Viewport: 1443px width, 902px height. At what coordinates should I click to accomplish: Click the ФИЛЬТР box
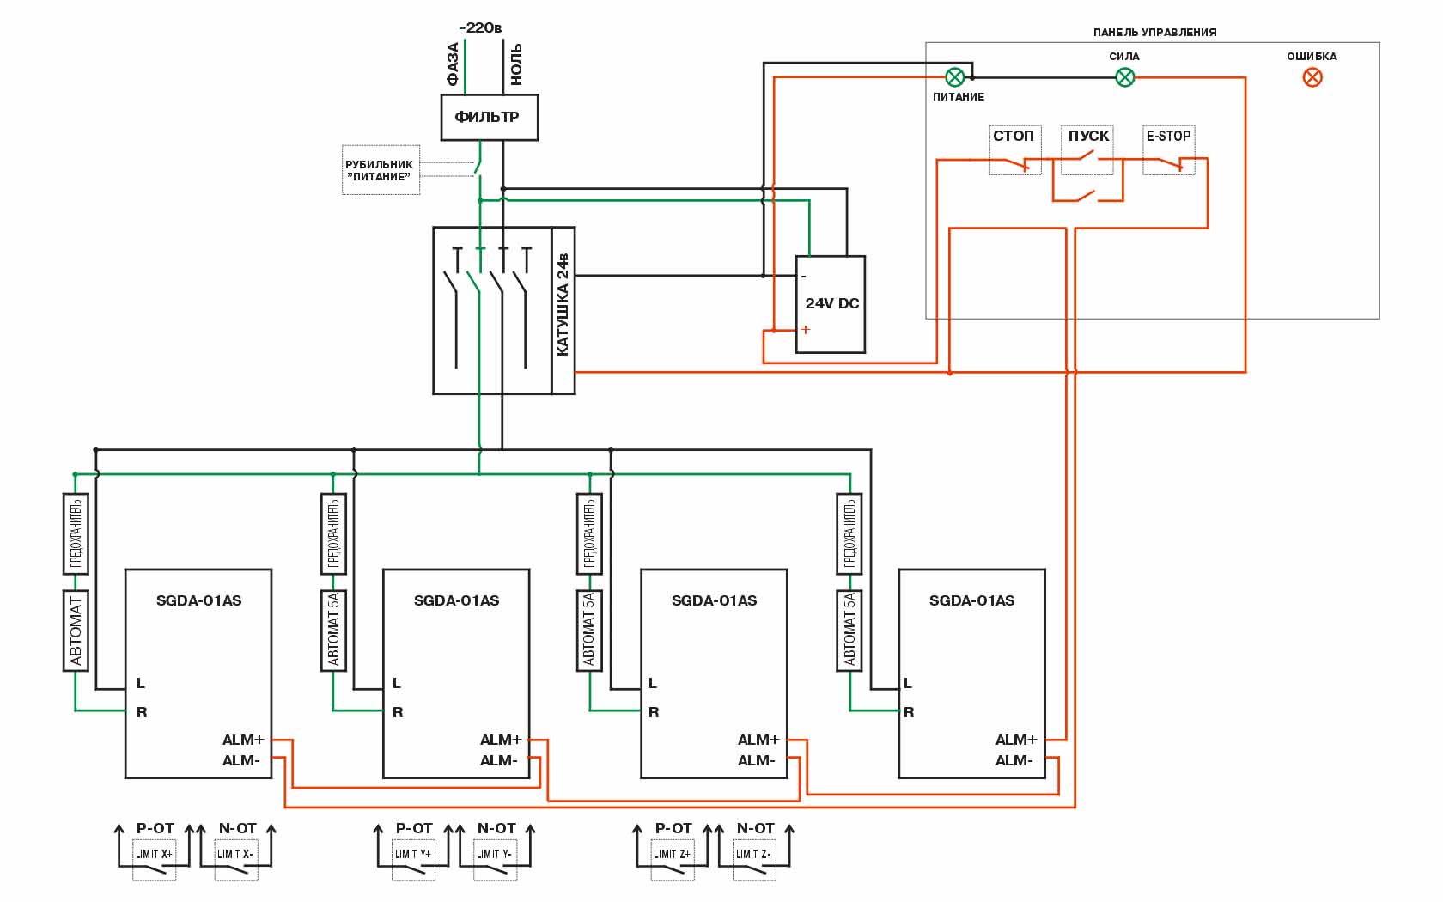point(489,117)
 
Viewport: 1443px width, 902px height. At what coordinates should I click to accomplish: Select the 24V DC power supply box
point(830,304)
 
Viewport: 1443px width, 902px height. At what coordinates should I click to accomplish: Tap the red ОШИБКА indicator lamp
point(1312,77)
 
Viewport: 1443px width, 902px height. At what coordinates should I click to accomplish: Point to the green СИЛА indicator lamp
point(1124,77)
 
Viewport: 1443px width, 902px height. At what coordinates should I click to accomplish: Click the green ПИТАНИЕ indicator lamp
point(954,77)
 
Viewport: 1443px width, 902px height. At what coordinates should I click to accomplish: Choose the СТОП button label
point(1014,136)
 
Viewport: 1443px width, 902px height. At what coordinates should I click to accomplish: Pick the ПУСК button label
point(1088,136)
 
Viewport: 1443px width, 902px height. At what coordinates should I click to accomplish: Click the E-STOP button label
point(1168,136)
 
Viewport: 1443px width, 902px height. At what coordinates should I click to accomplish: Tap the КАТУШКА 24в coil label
point(563,304)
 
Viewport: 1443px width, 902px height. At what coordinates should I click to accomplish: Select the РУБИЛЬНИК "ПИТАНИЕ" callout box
point(381,170)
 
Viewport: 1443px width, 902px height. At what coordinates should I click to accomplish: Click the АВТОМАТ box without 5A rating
point(76,631)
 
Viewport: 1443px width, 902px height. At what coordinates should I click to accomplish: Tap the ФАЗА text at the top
point(453,64)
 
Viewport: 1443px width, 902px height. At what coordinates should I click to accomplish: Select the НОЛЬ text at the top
point(516,64)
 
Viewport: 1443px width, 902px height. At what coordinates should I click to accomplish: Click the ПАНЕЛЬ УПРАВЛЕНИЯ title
point(1154,33)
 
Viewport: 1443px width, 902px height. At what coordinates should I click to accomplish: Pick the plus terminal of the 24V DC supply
point(806,330)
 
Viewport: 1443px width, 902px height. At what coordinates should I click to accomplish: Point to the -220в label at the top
point(481,28)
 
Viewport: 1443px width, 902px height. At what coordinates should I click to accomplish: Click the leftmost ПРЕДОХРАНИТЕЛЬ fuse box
point(76,533)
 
